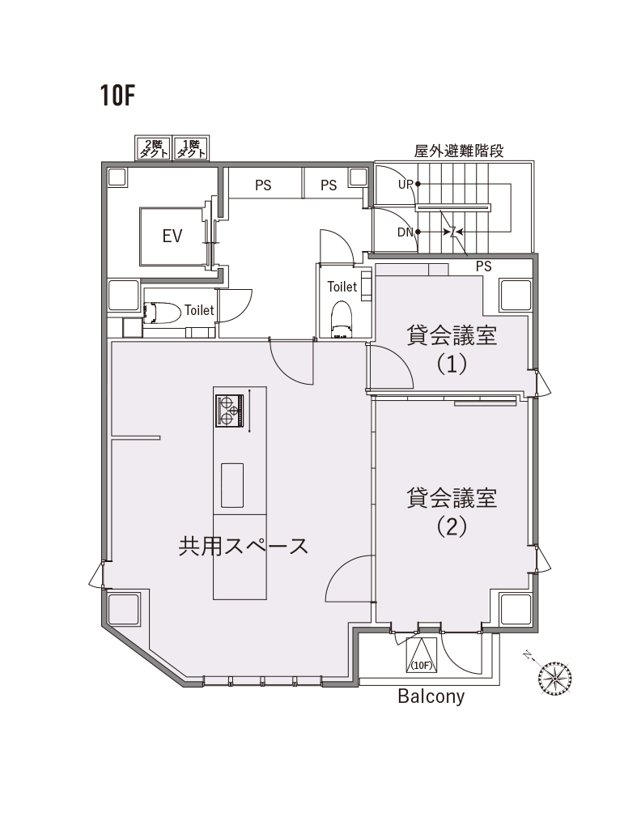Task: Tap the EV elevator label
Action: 172,236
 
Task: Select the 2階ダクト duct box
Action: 153,148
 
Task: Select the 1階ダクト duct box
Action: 190,148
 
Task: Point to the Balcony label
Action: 431,696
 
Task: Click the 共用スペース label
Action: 244,545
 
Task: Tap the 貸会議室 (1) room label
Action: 452,349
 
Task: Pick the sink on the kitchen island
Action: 232,485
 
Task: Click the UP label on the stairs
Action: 405,185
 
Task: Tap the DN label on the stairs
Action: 405,232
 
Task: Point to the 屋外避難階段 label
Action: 458,151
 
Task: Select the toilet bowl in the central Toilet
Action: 342,316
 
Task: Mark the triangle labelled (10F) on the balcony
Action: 421,657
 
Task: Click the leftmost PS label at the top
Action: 263,185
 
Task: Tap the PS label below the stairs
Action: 484,266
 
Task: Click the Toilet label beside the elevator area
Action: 199,309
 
